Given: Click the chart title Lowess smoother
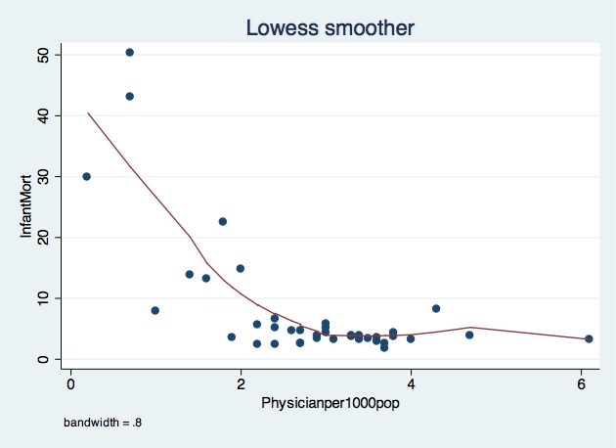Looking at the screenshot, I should point(330,29).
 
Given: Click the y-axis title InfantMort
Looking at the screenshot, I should point(28,207).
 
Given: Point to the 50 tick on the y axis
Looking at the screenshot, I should point(43,55).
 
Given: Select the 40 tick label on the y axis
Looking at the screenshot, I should point(43,115).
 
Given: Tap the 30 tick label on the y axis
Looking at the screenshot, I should point(43,176).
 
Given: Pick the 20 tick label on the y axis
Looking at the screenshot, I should point(43,237).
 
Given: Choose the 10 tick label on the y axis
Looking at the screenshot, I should point(43,297).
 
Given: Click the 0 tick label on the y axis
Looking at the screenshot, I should point(43,358).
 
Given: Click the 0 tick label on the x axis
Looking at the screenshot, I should point(70,381).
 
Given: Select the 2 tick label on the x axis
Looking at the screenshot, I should point(241,381).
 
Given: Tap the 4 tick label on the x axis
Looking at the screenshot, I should point(411,381).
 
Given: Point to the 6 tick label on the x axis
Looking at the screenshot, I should point(581,381).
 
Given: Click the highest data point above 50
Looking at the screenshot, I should point(129,52).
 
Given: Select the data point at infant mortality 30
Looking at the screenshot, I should point(86,176).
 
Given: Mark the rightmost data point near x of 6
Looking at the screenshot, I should point(589,338).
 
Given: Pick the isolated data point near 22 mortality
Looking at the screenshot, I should point(223,221).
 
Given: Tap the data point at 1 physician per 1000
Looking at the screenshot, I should point(154,310).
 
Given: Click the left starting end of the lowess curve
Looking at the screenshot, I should point(88,113).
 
